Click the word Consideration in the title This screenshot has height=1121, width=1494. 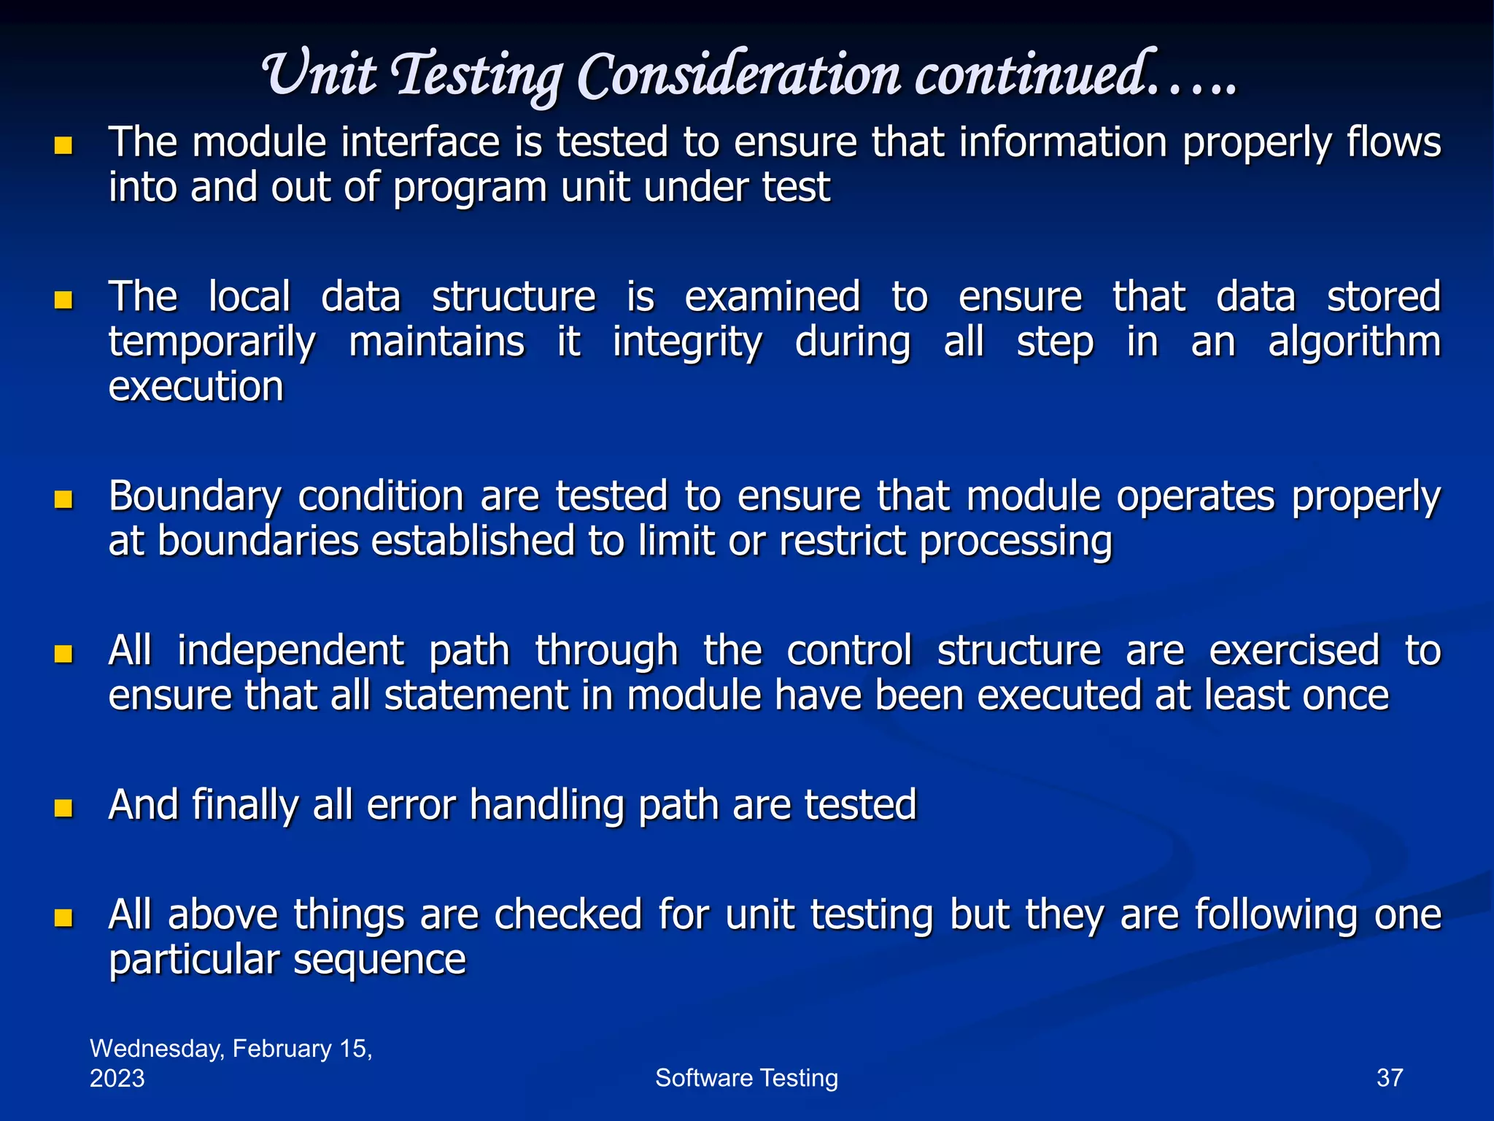coord(739,76)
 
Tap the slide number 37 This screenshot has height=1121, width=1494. coord(1389,1078)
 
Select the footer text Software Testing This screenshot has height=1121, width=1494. coord(746,1078)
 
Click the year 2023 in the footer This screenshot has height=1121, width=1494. coord(117,1079)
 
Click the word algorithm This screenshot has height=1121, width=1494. coord(1354,342)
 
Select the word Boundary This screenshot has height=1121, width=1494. coord(195,498)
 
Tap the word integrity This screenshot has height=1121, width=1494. coord(687,342)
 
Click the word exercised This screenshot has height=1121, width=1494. coord(1294,651)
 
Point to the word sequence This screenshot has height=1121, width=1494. coord(379,960)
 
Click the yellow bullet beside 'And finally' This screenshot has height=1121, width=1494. coord(64,808)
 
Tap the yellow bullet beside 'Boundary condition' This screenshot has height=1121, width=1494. coord(64,499)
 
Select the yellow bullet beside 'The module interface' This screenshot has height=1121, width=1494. coord(64,145)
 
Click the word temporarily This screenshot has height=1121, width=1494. coord(212,342)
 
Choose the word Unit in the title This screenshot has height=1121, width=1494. coord(318,76)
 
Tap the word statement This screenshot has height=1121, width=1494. coord(476,696)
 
